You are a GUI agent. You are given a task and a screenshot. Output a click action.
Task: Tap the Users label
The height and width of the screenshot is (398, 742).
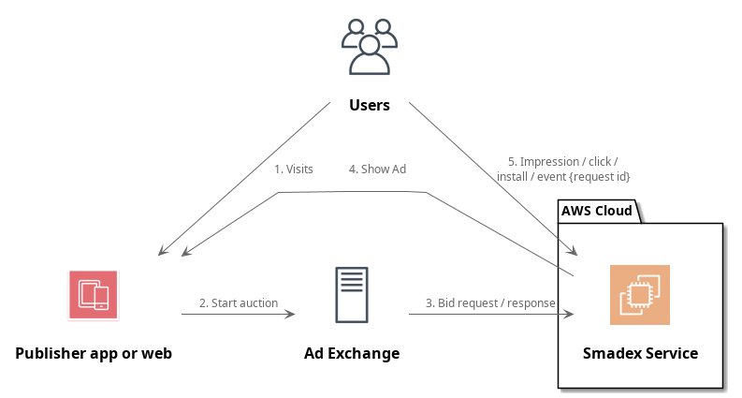[370, 105]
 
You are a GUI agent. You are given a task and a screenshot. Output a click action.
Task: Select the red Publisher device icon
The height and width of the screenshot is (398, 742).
[94, 295]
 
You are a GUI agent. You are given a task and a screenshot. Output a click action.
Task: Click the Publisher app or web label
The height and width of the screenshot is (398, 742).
[94, 353]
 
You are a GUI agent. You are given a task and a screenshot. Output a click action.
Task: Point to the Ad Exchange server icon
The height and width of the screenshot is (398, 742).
[352, 295]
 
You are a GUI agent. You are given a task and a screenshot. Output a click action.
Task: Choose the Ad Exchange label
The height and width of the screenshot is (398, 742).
[352, 353]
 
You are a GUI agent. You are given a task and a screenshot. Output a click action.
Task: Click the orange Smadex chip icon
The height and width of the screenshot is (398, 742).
[640, 295]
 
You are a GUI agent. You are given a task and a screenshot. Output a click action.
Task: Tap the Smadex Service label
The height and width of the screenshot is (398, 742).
[640, 353]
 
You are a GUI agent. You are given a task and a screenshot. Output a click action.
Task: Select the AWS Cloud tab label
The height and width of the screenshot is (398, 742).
[596, 211]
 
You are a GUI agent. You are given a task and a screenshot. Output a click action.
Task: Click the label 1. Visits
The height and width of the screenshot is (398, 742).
[293, 170]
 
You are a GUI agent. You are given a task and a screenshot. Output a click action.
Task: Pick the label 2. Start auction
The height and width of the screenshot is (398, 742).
[239, 302]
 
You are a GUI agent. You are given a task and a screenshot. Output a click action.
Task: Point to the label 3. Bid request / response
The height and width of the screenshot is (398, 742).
[490, 302]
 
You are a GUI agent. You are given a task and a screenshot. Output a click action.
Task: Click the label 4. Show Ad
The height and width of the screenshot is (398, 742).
[377, 170]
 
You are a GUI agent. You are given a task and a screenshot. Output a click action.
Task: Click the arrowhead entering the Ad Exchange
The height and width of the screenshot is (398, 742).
[290, 314]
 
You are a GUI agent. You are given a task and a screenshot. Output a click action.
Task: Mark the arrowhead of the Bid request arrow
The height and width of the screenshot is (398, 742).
[568, 314]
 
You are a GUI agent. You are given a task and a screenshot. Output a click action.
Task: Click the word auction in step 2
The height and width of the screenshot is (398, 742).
[258, 302]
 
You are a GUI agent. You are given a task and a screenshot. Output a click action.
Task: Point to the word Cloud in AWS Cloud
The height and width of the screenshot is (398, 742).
[614, 211]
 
